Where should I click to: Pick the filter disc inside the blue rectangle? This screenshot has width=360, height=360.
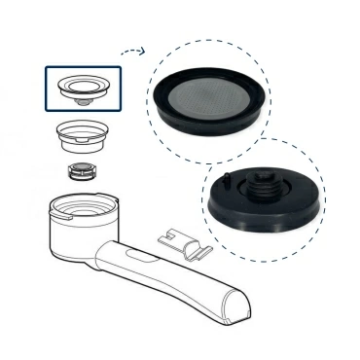(82, 86)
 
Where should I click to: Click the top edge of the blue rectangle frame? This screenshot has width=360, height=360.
(83, 66)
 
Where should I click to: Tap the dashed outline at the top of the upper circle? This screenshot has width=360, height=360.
(206, 40)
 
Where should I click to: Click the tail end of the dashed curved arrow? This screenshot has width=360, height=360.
(120, 57)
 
